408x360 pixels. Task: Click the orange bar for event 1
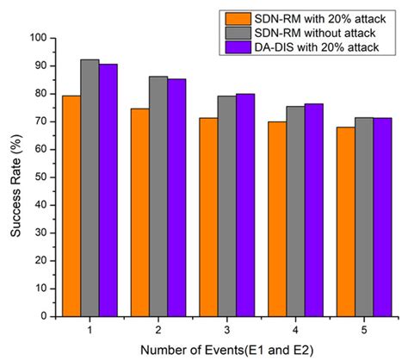[71, 202]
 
